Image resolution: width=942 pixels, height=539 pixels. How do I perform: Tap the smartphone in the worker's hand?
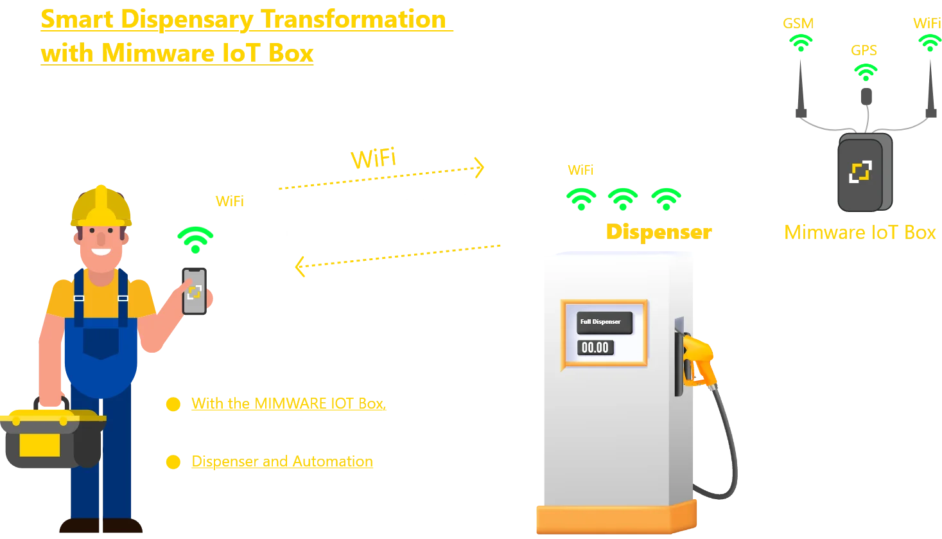(195, 292)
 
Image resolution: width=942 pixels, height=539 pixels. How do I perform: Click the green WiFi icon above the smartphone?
(195, 238)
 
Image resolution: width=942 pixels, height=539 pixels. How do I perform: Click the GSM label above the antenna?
(798, 24)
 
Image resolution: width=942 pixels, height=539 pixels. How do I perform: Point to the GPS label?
(864, 50)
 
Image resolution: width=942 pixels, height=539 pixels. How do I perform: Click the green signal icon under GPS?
(866, 71)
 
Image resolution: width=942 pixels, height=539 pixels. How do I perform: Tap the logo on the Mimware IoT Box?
(860, 172)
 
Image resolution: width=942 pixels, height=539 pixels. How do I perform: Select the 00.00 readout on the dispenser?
(595, 348)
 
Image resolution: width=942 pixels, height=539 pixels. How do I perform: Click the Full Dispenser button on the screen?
(604, 322)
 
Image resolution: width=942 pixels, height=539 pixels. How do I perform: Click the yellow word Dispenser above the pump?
(659, 232)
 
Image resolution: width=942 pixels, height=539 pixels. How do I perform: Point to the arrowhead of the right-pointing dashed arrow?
(479, 167)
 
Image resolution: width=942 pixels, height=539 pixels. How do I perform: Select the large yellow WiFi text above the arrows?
(372, 159)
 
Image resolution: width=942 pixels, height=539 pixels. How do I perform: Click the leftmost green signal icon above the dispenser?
(581, 199)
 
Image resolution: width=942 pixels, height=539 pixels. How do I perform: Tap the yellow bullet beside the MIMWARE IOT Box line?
(173, 405)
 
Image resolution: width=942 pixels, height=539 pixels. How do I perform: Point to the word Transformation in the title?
(354, 19)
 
